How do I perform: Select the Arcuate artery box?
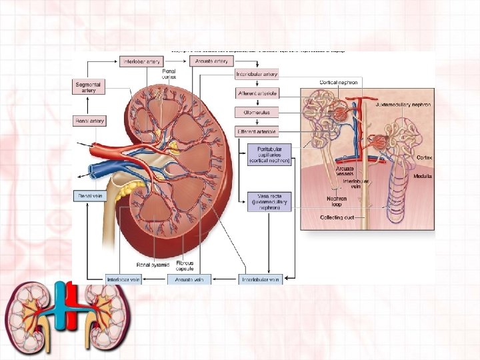(x=211, y=61)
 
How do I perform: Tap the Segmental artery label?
(x=89, y=87)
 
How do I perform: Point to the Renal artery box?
(x=89, y=121)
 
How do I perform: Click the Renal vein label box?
(x=89, y=197)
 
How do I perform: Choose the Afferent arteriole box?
(x=257, y=93)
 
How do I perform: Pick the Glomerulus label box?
(x=257, y=113)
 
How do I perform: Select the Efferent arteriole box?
(x=257, y=132)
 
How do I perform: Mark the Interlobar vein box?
(x=124, y=279)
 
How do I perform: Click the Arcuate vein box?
(x=189, y=279)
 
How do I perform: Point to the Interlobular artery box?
(x=257, y=74)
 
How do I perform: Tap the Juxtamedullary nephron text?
(x=403, y=105)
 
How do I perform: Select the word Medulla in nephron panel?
(x=423, y=176)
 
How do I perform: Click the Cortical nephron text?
(x=339, y=82)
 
